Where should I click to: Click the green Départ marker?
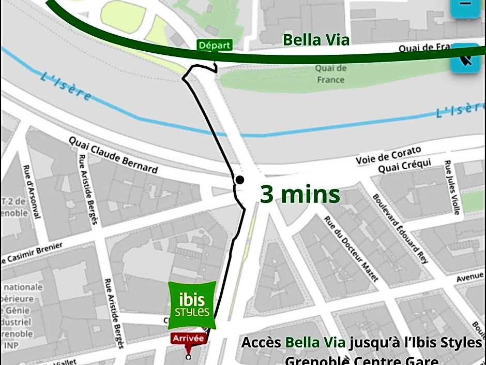(x=214, y=46)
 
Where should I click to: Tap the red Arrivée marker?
(x=189, y=339)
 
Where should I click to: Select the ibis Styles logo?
(x=192, y=305)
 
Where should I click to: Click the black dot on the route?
(x=240, y=180)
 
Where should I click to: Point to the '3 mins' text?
(x=300, y=195)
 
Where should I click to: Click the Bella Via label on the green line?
(x=316, y=40)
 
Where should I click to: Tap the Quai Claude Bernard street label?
(x=114, y=155)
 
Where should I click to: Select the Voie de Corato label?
(x=388, y=155)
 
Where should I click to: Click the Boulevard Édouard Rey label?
(x=401, y=228)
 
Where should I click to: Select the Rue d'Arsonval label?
(x=31, y=192)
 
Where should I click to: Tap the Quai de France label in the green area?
(x=330, y=74)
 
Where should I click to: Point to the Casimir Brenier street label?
(x=32, y=252)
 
